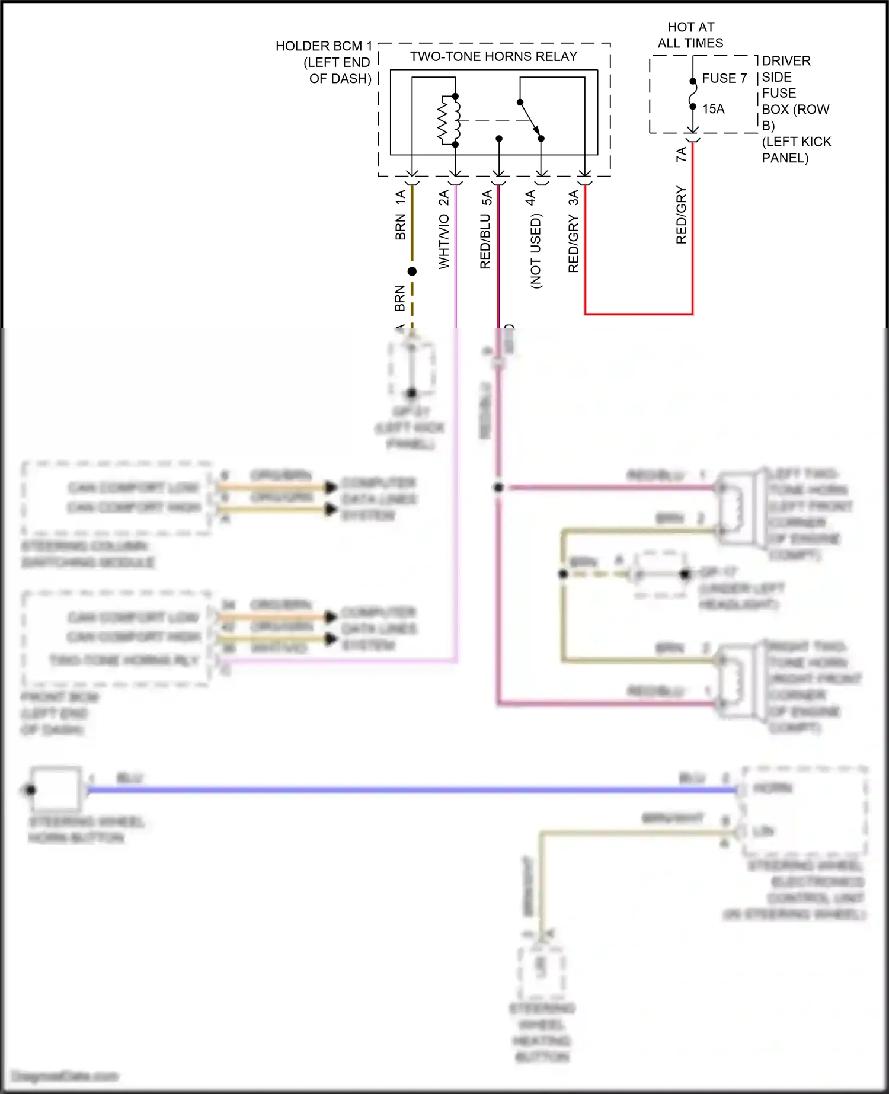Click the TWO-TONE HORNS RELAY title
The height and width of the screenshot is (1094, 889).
click(x=493, y=57)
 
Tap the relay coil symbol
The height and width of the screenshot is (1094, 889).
click(x=449, y=120)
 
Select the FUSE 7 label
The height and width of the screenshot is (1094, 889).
click(x=724, y=79)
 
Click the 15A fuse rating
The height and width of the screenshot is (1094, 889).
click(x=714, y=109)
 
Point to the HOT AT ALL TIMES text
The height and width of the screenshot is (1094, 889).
click(x=690, y=35)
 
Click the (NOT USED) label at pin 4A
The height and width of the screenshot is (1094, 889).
click(x=536, y=251)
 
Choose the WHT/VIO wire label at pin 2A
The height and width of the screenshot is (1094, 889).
click(x=444, y=242)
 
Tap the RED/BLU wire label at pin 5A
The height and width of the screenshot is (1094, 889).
click(x=485, y=242)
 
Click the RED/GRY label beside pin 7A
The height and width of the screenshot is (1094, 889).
click(x=682, y=215)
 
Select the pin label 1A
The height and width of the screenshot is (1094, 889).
click(x=401, y=197)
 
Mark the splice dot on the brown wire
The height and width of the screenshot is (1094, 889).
click(x=412, y=271)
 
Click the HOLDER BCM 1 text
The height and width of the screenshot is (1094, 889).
click(x=324, y=46)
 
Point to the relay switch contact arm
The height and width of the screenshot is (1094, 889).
click(x=530, y=120)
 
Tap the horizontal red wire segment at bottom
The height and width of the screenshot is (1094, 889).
click(x=638, y=314)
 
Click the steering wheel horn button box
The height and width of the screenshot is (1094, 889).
click(x=56, y=789)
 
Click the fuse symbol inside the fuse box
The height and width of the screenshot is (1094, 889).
click(x=692, y=94)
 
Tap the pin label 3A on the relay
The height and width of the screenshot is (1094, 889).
click(x=574, y=197)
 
